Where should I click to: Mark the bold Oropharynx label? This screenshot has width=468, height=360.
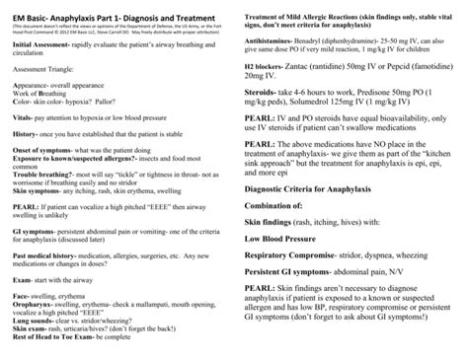(35, 307)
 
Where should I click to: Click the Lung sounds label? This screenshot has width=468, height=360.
(35, 322)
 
